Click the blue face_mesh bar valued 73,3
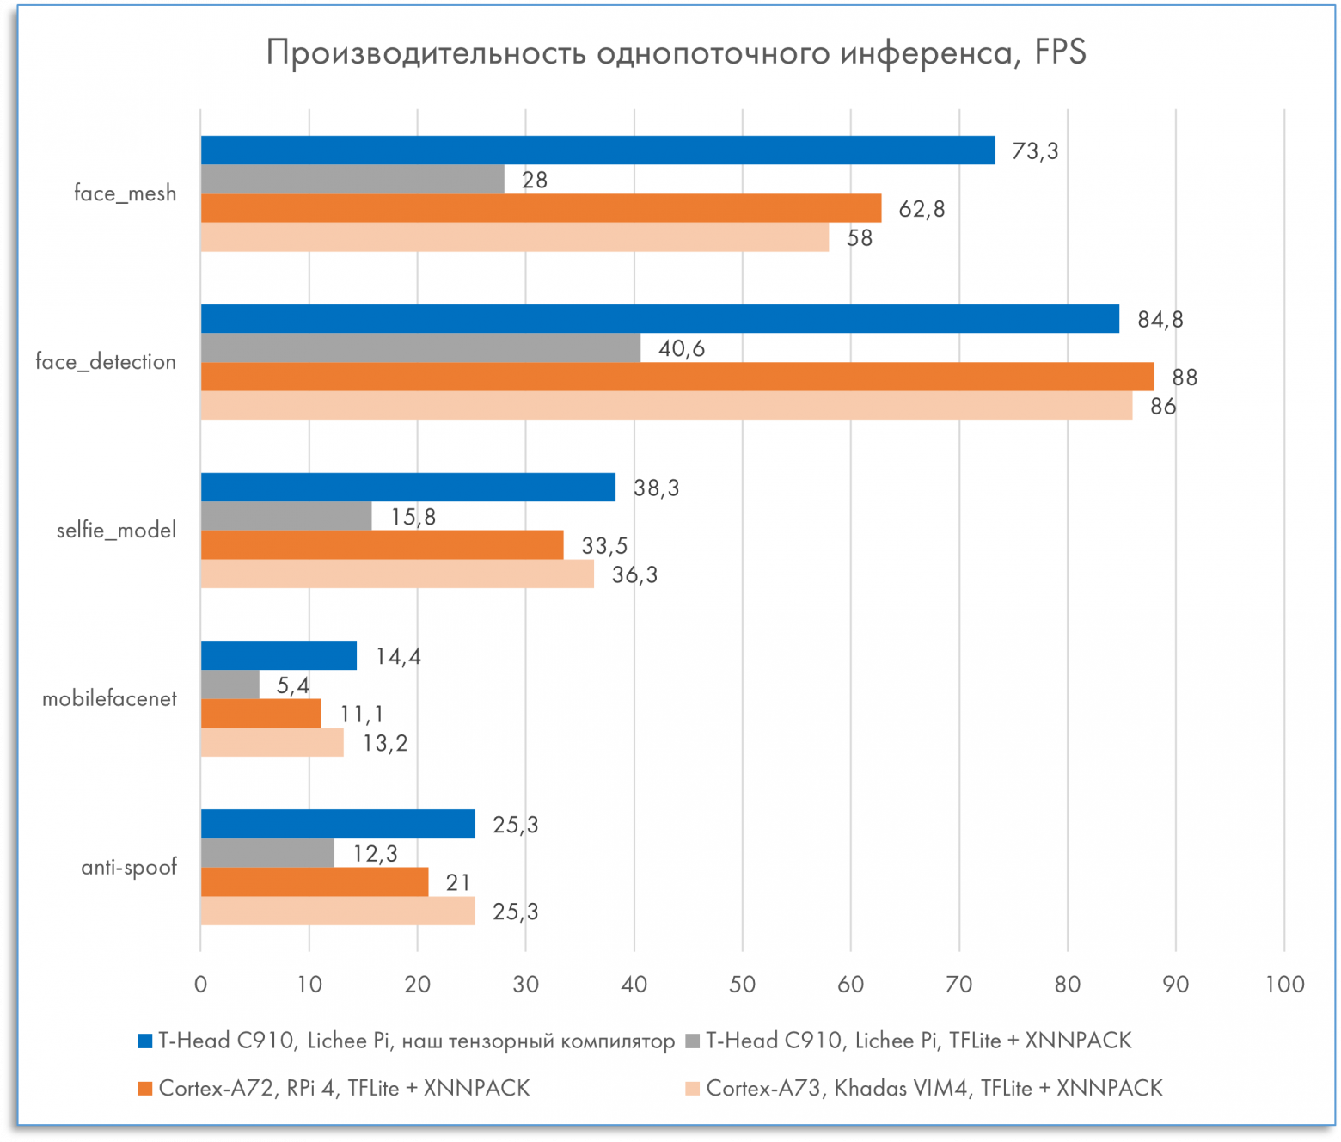click(597, 150)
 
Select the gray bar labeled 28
click(352, 180)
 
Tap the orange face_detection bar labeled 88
click(677, 377)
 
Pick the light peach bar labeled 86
click(666, 406)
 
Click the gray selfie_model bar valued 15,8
click(286, 516)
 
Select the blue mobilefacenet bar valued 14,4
click(279, 655)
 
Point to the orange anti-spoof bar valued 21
click(315, 882)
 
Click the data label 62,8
click(922, 209)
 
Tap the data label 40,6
click(682, 348)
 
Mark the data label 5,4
click(292, 685)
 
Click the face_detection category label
click(106, 362)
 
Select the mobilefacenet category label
click(109, 698)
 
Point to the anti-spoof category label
click(129, 867)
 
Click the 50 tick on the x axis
click(742, 985)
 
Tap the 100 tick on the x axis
click(1284, 985)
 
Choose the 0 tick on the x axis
click(201, 985)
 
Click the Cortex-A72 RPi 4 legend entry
click(344, 1089)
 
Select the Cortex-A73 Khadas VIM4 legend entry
click(934, 1089)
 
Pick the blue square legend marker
click(145, 1041)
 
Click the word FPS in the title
click(1060, 53)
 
